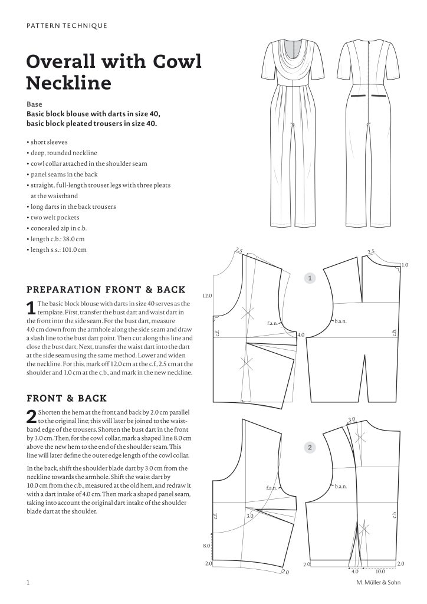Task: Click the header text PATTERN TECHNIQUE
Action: point(67,25)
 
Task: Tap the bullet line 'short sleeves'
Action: point(48,142)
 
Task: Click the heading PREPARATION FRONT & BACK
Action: point(106,290)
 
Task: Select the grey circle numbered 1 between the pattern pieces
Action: point(310,277)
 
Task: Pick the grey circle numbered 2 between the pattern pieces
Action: point(310,448)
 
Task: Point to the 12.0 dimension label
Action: point(207,295)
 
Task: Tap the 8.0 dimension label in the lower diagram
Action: point(207,546)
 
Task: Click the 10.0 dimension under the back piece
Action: point(380,571)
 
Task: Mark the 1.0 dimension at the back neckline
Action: point(405,265)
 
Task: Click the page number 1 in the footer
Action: point(28,583)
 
